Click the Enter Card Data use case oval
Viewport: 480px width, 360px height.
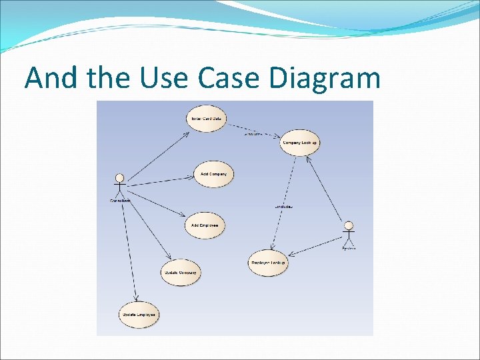207,119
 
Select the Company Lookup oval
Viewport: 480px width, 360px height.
299,143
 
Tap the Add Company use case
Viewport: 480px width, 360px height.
213,174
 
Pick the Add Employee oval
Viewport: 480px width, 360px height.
205,225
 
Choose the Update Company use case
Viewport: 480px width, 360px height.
180,272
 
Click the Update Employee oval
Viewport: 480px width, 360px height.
139,314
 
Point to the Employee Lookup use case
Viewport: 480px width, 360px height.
268,263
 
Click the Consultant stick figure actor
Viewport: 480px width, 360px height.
120,186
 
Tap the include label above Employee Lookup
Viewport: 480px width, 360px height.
284,207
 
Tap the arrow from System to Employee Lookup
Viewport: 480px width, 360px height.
317,246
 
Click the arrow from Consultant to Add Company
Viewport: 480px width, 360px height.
160,180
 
